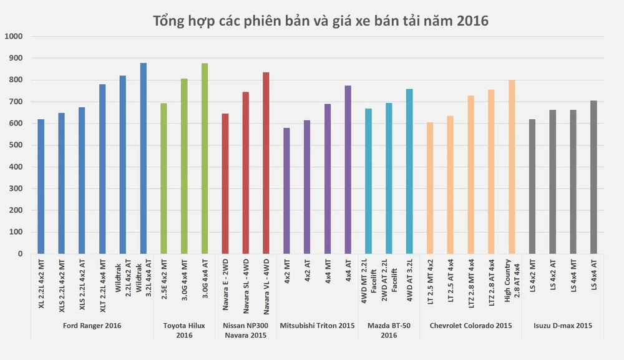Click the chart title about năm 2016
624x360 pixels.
321,21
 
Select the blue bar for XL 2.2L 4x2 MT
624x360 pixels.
41,187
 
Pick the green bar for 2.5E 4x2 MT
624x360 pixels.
164,178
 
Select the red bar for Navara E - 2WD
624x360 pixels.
225,183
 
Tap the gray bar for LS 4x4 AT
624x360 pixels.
593,177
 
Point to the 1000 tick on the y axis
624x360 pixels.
13,36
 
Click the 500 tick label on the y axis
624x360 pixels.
15,145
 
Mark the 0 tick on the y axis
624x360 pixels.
20,254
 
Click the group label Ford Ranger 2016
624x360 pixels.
92,326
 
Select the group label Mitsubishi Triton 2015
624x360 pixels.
317,326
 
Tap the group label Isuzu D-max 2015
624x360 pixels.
563,326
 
